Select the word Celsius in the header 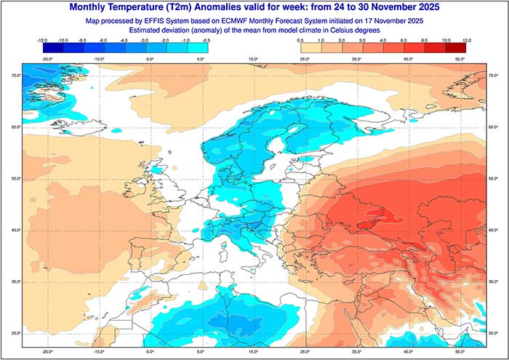(355, 32)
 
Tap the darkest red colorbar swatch (456, 47)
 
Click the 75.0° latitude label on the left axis (15, 76)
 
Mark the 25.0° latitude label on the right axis (494, 332)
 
